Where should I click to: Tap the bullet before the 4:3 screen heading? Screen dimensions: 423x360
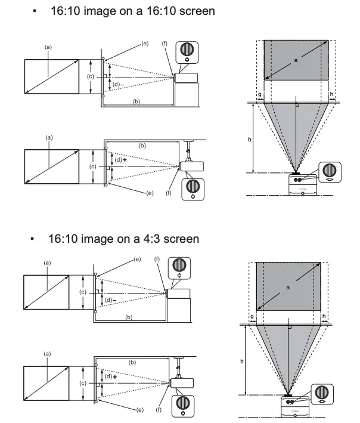(34, 239)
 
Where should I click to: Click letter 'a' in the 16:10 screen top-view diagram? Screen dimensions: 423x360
(295, 60)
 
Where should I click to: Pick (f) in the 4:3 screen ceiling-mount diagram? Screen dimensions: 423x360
(157, 411)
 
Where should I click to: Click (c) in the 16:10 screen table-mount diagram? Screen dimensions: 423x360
(90, 76)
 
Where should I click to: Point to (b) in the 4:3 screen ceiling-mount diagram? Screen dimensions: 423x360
(131, 362)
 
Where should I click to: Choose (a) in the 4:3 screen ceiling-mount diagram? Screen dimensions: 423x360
(47, 353)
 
